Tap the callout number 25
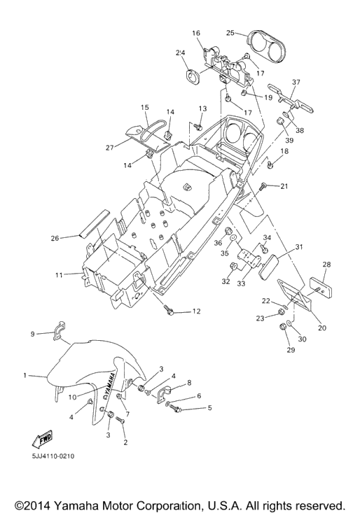tap(230, 33)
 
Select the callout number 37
tap(296, 82)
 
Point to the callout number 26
tap(55, 238)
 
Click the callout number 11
tap(59, 275)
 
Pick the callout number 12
tap(196, 311)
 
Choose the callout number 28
tap(326, 265)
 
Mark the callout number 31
tap(299, 246)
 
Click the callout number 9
tap(32, 334)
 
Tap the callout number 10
tap(73, 398)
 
